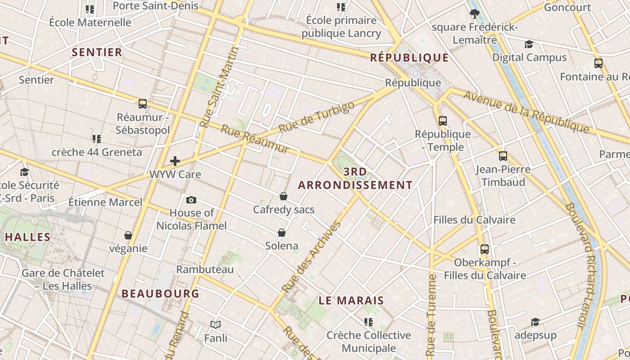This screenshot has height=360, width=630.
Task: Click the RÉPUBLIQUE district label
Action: pos(409,58)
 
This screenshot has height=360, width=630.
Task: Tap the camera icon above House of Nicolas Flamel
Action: pos(191,200)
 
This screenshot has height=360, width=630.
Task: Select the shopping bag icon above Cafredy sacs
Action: pos(283,196)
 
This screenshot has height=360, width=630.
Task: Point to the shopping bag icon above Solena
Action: pos(282,233)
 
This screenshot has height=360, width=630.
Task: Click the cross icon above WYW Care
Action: pos(175,161)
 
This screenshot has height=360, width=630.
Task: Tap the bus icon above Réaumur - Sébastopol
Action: pos(143,104)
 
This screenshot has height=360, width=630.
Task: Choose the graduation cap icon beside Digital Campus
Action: pos(529,44)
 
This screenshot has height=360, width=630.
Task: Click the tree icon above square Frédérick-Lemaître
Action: pos(474,13)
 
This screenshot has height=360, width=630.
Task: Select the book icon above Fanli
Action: pos(216,324)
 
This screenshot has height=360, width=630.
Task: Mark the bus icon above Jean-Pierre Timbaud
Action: pos(503,156)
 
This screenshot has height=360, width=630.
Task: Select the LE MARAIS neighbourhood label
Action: pos(351,301)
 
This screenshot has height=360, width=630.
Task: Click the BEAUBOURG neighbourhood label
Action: pos(160,294)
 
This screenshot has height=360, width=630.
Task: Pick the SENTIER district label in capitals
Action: pos(97,52)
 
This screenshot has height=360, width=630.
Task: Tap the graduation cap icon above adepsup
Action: pos(535,322)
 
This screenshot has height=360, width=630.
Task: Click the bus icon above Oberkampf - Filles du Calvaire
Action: pos(485,249)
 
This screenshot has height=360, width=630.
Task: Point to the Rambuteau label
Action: pos(205,270)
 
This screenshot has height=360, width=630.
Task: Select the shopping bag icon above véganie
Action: pos(128,235)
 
